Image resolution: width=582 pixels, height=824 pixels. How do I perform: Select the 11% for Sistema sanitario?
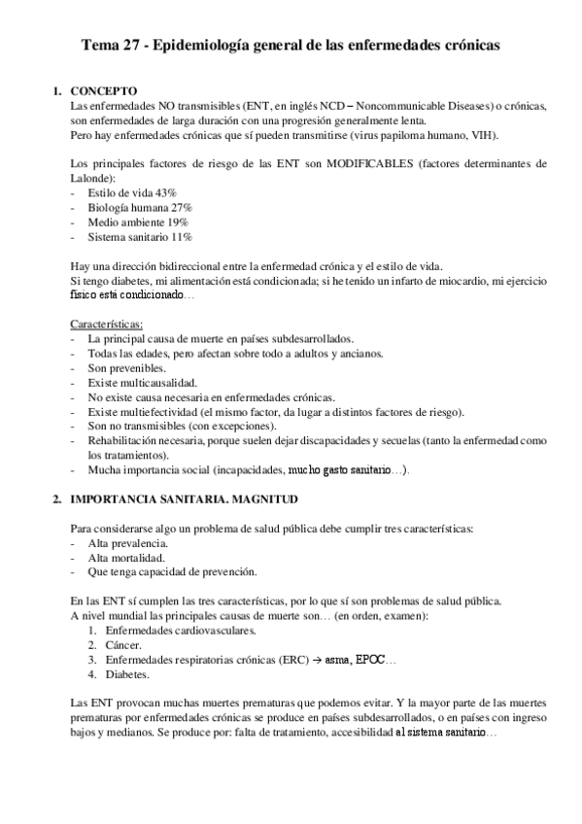click(x=179, y=236)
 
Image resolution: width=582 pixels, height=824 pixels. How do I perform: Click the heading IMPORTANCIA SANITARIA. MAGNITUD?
click(x=185, y=498)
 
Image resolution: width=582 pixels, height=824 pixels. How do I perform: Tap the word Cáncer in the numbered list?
click(x=122, y=644)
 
